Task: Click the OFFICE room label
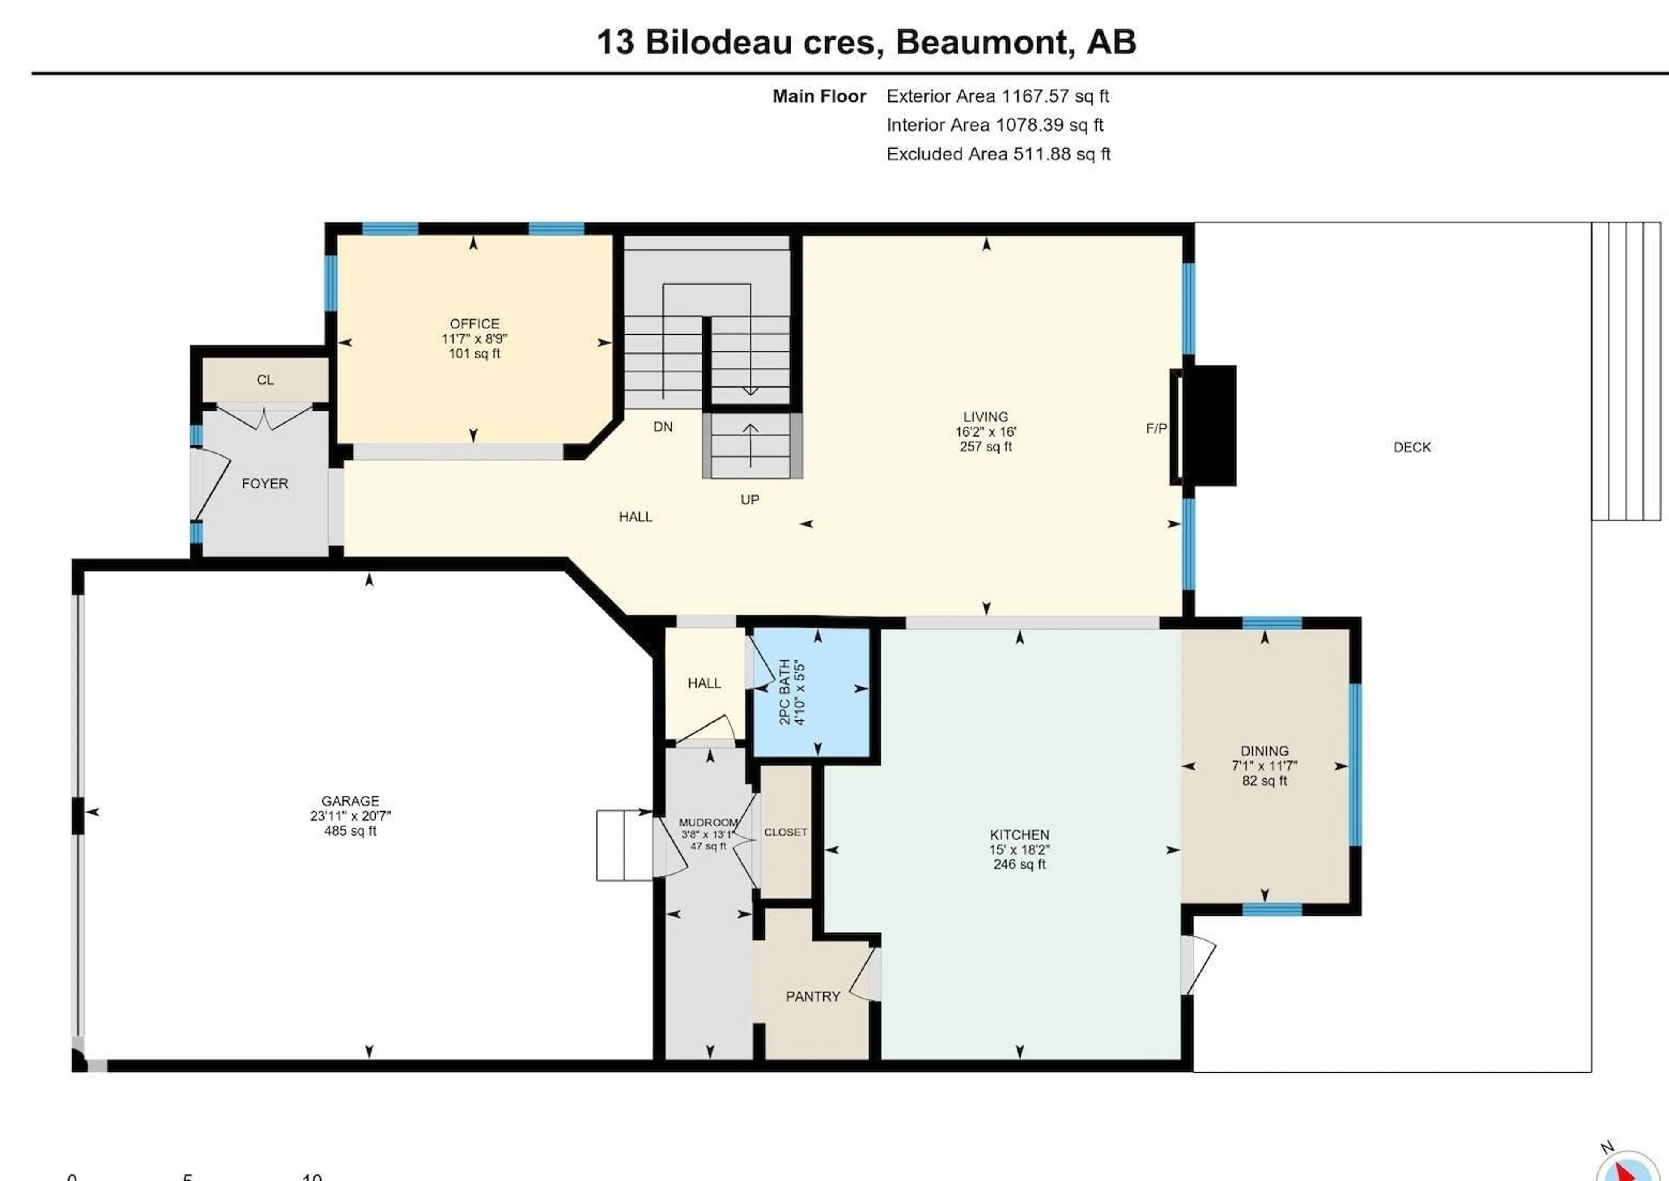click(x=474, y=324)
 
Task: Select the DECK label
click(x=1412, y=447)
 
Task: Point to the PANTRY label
click(x=812, y=996)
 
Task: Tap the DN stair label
click(x=662, y=427)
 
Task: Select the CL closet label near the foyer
click(x=265, y=380)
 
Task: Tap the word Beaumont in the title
click(x=985, y=42)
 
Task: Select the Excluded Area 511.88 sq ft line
click(x=998, y=154)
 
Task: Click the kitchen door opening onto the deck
click(x=1196, y=964)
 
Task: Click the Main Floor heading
click(x=819, y=96)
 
